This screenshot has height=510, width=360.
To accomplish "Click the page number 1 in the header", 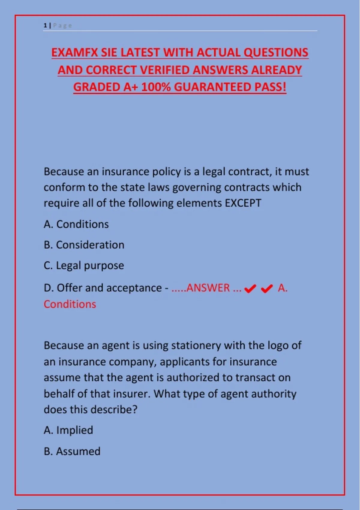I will click(x=45, y=25).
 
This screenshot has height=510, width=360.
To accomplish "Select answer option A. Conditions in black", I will click(x=76, y=224).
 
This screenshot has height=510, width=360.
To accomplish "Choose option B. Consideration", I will click(x=84, y=245).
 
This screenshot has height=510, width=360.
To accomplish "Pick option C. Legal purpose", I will click(x=84, y=265).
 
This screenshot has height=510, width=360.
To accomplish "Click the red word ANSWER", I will click(x=208, y=288).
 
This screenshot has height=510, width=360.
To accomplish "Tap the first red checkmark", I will click(x=250, y=289).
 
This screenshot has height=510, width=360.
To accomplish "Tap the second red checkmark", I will click(x=267, y=289).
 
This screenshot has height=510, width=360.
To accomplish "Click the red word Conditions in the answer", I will click(x=70, y=304).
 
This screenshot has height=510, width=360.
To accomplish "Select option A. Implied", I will click(x=68, y=430).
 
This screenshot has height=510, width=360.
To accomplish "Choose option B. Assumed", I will click(x=72, y=451).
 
